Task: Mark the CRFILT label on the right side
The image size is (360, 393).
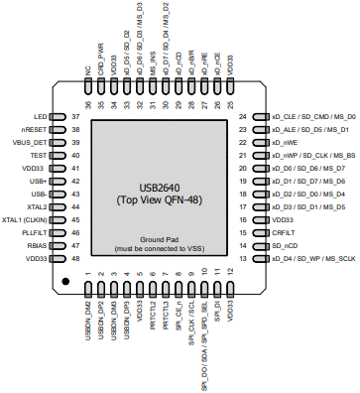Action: [x=284, y=231]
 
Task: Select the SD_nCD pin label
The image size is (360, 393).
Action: [x=286, y=244]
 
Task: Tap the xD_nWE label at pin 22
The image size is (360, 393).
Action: [x=285, y=142]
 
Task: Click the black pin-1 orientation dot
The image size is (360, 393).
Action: [x=65, y=283]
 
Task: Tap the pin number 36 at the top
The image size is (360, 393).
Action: [x=88, y=104]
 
